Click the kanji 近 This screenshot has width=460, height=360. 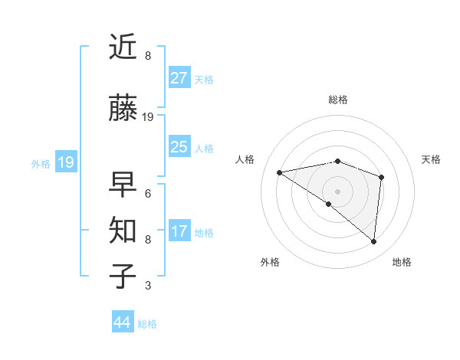click(x=123, y=48)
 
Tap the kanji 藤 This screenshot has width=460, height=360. click(x=123, y=109)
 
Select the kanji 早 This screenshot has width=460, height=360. click(x=123, y=184)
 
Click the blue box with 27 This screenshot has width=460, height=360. click(x=179, y=78)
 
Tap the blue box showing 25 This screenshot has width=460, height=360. click(x=179, y=147)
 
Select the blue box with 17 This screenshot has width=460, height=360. click(x=179, y=231)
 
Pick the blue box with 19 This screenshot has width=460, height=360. click(x=66, y=162)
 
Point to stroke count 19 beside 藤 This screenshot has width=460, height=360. click(x=148, y=117)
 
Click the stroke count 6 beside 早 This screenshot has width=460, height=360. click(x=148, y=193)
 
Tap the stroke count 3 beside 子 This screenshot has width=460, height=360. click(x=148, y=286)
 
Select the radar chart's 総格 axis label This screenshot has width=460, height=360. click(x=337, y=100)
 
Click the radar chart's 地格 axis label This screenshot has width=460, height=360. click(x=402, y=262)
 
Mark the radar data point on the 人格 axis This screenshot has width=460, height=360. click(x=280, y=172)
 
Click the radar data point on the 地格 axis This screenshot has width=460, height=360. click(x=373, y=241)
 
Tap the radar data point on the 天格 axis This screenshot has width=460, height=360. click(x=381, y=177)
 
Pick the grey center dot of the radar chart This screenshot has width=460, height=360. click(x=337, y=191)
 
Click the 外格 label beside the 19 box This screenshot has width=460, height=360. click(x=41, y=163)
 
